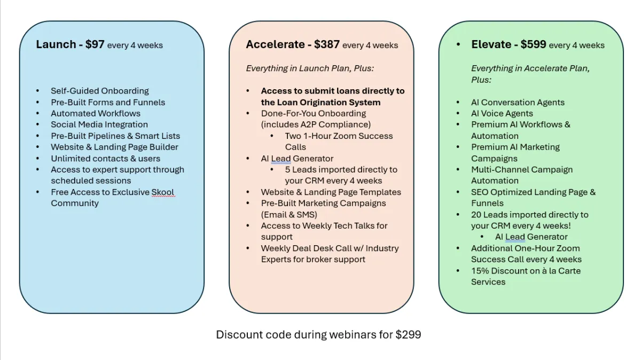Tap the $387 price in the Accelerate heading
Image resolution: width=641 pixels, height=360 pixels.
point(326,45)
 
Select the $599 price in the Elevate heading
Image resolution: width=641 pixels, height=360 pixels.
point(533,45)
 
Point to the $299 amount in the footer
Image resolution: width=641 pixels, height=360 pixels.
point(408,335)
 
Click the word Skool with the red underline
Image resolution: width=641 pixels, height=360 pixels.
point(162,192)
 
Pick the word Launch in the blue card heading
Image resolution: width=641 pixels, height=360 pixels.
point(56,45)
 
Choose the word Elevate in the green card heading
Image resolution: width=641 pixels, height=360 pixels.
point(491,45)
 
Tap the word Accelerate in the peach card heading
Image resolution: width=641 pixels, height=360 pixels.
point(275,45)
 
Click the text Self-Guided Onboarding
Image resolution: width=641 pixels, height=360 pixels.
point(100,91)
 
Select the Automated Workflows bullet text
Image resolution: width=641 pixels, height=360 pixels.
point(96,113)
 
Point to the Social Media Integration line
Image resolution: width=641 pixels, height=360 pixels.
point(99,124)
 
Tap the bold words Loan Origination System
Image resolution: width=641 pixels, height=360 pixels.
point(320,102)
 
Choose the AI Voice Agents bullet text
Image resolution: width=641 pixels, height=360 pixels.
point(502,113)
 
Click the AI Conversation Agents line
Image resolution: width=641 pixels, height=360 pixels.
point(518,102)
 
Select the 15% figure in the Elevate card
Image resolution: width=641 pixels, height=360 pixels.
point(480,271)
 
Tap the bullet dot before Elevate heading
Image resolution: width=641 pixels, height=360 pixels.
point(458,45)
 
